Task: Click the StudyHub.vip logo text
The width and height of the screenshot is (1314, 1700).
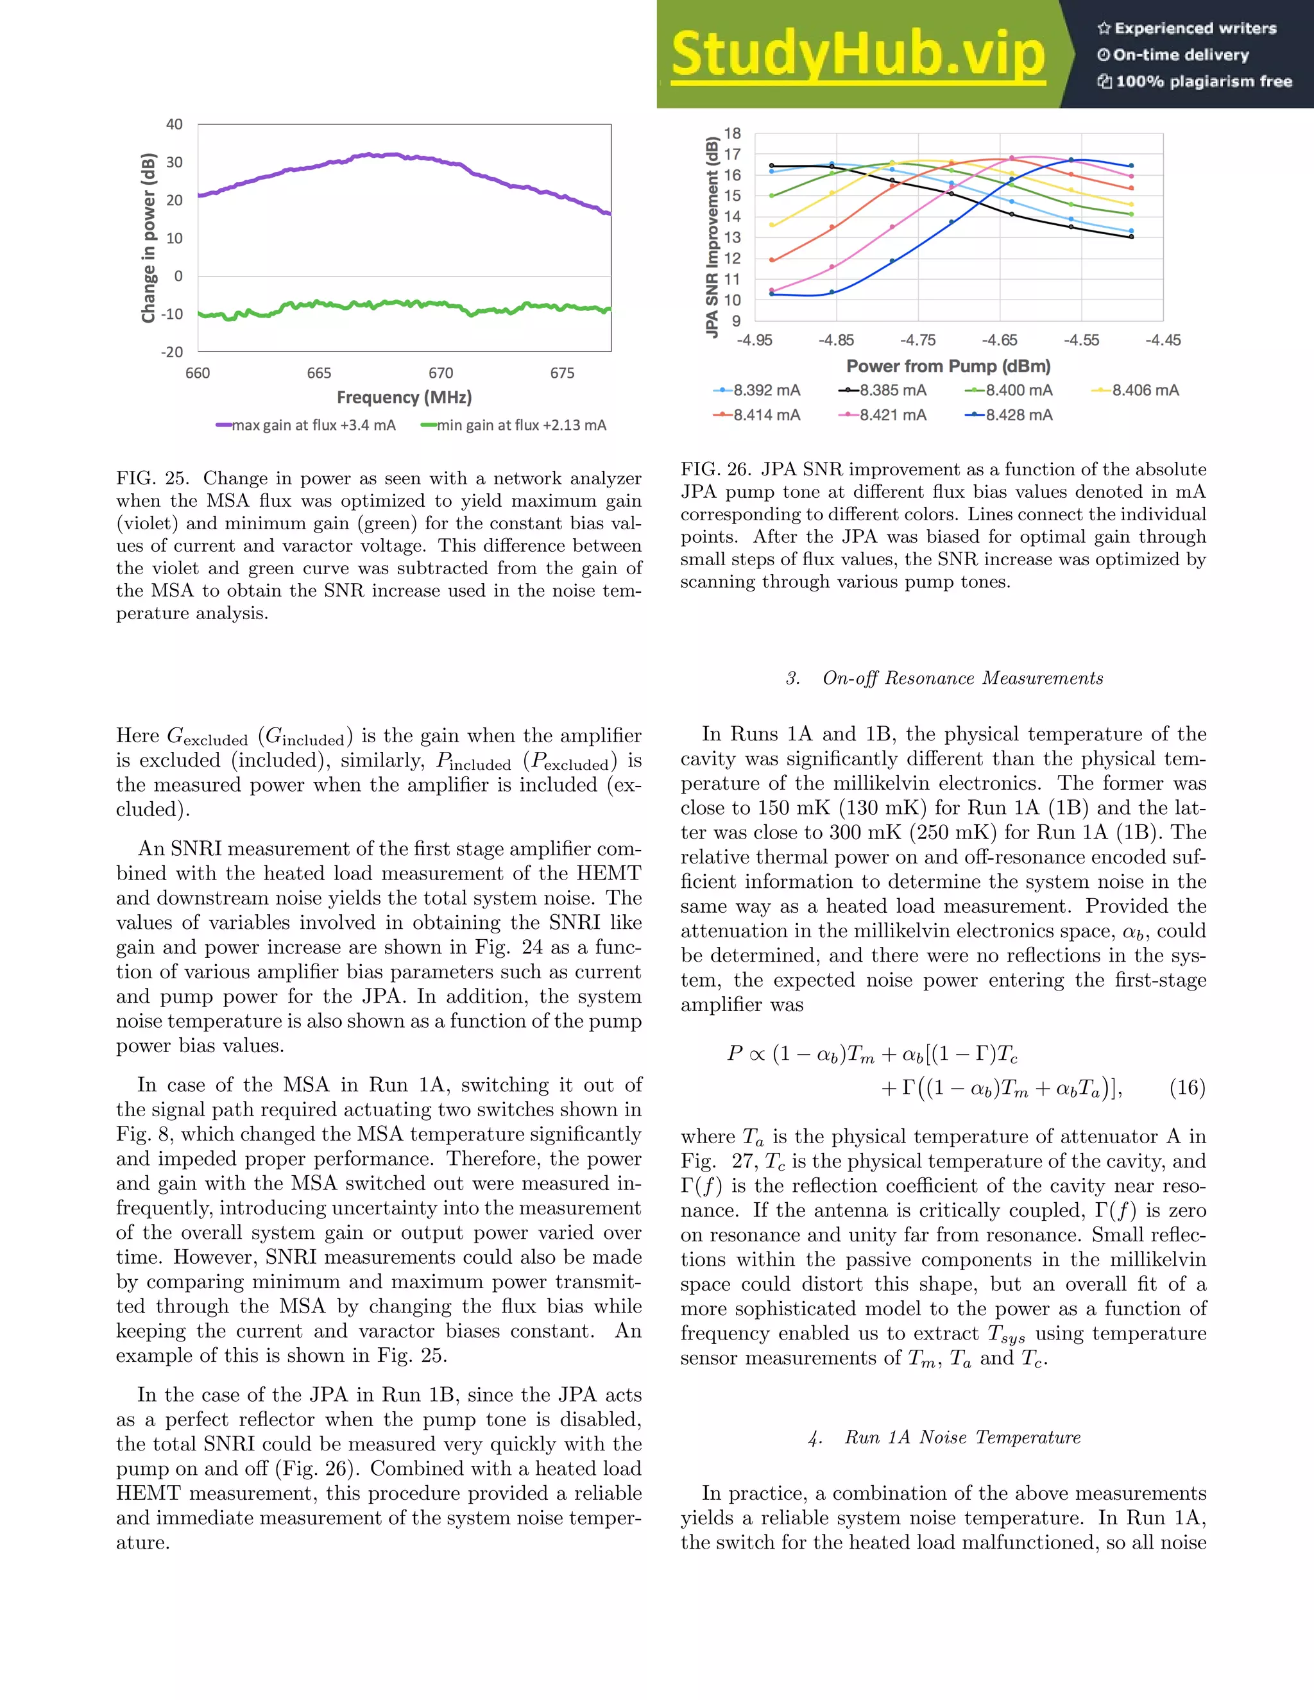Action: pyautogui.click(x=857, y=55)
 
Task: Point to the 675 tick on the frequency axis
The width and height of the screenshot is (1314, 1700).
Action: pyautogui.click(x=562, y=373)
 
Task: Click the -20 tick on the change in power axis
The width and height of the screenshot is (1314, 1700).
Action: pyautogui.click(x=172, y=352)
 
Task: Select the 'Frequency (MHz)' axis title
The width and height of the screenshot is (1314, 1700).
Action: pyautogui.click(x=404, y=397)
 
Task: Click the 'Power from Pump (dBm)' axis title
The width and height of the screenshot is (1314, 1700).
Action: pyautogui.click(x=948, y=366)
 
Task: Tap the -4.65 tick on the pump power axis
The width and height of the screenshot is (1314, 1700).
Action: pyautogui.click(x=1000, y=340)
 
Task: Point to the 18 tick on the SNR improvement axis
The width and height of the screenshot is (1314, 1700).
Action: pyautogui.click(x=733, y=133)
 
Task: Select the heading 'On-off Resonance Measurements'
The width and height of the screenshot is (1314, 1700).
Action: pyautogui.click(x=962, y=678)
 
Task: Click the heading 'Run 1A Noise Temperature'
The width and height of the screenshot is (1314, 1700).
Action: pyautogui.click(x=962, y=1437)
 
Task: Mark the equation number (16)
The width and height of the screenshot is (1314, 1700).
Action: pyautogui.click(x=1187, y=1087)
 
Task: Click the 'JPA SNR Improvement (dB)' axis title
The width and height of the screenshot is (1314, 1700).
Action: pyautogui.click(x=712, y=236)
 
